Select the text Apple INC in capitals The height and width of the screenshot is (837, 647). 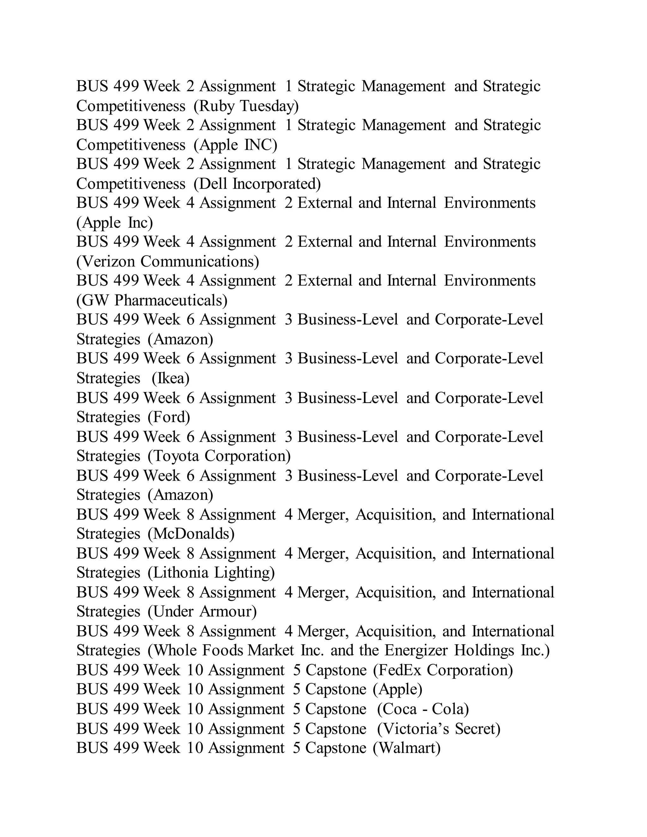235,145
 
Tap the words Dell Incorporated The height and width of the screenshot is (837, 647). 257,184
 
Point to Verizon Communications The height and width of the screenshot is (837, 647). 167,262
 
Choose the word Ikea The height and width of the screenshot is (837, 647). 171,378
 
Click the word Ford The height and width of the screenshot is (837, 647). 169,417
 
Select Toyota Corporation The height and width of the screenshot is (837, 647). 219,456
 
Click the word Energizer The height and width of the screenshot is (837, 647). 416,650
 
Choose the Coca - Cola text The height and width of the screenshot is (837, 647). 423,709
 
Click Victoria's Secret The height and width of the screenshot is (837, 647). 439,729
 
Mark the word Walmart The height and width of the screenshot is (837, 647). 407,748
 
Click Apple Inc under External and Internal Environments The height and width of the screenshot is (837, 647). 115,223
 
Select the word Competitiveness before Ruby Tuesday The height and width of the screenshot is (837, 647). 131,106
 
